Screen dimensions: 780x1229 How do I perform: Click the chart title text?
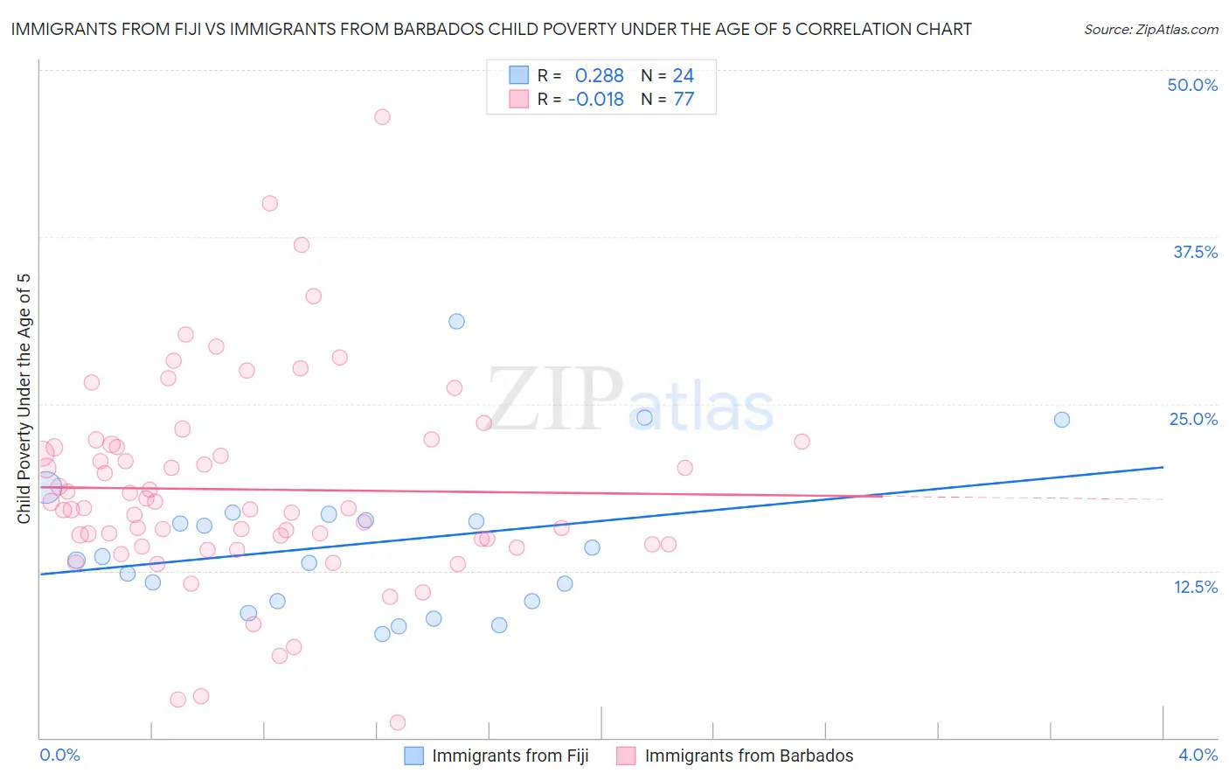[x=491, y=30]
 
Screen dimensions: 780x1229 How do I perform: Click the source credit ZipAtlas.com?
[x=1150, y=30]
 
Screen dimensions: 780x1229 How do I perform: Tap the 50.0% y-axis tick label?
[x=1192, y=85]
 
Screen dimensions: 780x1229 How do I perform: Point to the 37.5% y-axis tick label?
[x=1195, y=252]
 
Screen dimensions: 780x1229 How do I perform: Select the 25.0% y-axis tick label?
[x=1193, y=419]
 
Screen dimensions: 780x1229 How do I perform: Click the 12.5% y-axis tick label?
[x=1195, y=587]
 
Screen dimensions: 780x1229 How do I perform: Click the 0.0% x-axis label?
[x=60, y=755]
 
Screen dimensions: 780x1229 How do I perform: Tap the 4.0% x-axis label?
[x=1198, y=755]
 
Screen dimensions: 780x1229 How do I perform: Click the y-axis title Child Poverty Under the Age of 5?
[x=24, y=399]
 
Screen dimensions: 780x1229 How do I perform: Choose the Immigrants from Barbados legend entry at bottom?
[x=735, y=756]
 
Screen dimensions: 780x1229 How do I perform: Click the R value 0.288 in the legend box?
[x=599, y=76]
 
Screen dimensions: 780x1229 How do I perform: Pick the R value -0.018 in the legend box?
[x=595, y=100]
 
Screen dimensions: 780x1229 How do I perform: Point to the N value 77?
[x=684, y=100]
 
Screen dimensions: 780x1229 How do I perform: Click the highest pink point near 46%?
[x=382, y=117]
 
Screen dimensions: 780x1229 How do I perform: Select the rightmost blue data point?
[x=1062, y=420]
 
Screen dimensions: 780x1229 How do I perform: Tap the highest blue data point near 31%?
[x=456, y=321]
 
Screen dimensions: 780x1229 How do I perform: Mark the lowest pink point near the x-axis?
[x=398, y=722]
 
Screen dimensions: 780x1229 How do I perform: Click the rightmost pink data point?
[x=802, y=442]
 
